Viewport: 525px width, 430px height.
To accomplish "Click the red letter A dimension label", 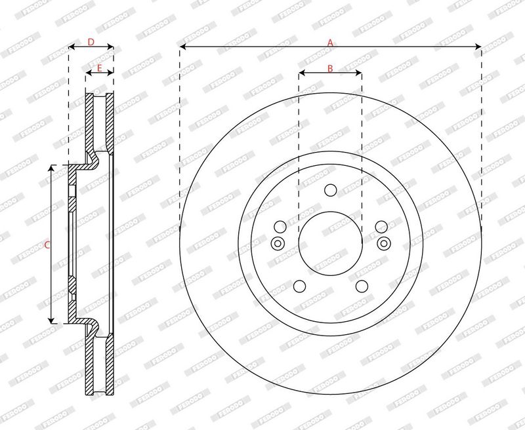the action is (x=330, y=43).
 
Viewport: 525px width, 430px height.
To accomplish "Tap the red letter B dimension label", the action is (x=330, y=69).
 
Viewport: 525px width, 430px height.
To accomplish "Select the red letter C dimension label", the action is (x=47, y=245).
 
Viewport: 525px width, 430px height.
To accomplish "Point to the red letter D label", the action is (x=91, y=42).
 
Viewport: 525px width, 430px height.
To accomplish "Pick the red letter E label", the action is (x=100, y=68).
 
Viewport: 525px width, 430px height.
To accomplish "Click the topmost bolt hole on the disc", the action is (x=331, y=190).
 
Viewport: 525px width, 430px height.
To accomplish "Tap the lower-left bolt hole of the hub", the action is (x=300, y=286).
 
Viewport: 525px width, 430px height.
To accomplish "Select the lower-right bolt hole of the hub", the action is (x=362, y=286).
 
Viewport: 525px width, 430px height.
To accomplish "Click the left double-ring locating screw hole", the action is (x=278, y=243).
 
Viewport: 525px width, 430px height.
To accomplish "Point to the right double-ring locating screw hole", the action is (x=384, y=243).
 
